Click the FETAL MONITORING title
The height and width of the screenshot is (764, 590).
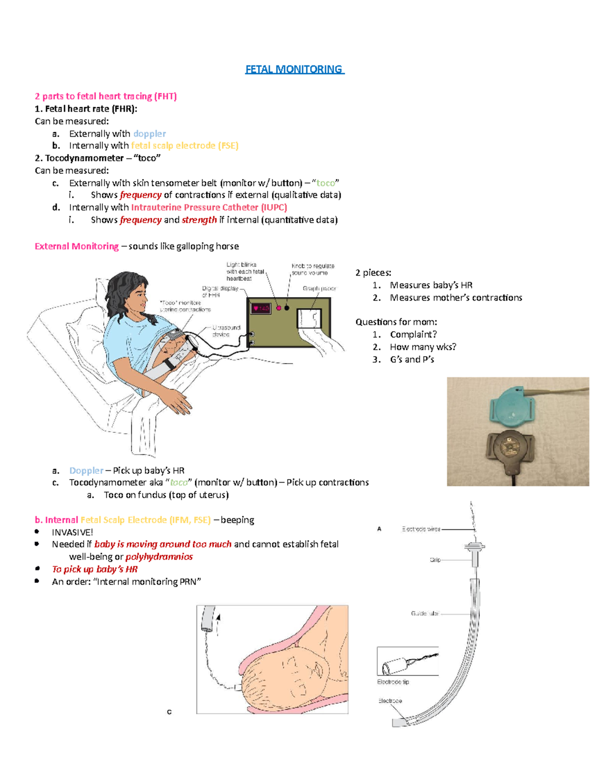pos(294,69)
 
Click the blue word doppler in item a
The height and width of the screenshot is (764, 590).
pos(149,134)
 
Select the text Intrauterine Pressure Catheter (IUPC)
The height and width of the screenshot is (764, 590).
pos(209,208)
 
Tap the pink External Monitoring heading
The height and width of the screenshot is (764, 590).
pos(77,246)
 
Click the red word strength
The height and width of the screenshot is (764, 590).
pos(199,220)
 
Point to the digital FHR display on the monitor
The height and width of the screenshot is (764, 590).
pos(260,308)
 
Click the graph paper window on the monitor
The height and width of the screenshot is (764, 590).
pos(309,319)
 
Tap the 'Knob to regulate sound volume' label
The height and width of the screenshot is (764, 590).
pos(313,269)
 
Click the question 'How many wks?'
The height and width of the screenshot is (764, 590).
pos(423,347)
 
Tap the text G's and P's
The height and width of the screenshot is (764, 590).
pos(412,360)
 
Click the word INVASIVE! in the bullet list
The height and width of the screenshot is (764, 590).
pos(72,532)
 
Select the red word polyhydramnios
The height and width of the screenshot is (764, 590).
pos(159,557)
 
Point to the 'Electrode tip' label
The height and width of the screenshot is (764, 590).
pos(393,682)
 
